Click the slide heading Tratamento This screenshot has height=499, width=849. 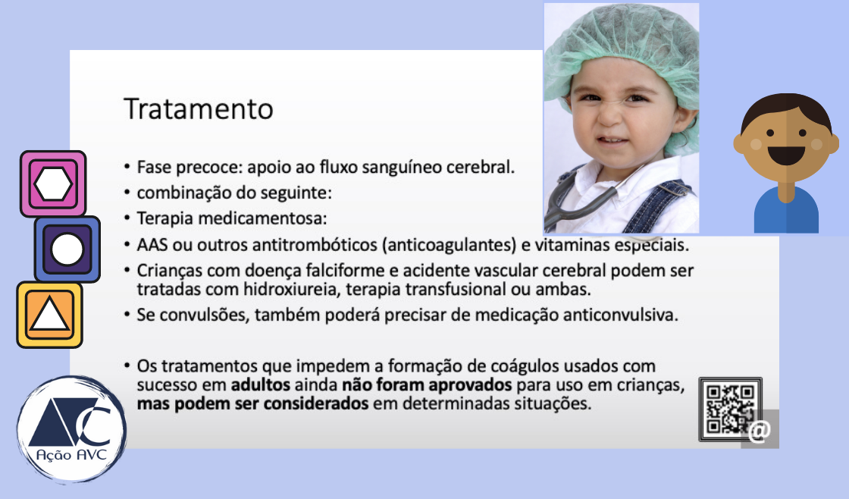(198, 109)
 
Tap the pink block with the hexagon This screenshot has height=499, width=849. (53, 184)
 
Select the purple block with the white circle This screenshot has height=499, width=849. (67, 249)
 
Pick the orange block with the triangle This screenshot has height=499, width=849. (49, 315)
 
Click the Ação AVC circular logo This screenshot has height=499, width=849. (72, 430)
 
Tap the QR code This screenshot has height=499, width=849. (731, 409)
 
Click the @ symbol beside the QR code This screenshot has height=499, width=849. (760, 431)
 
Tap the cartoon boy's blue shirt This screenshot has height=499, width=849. (786, 212)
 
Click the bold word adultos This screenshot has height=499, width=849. (261, 385)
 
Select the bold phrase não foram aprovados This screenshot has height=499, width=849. (427, 385)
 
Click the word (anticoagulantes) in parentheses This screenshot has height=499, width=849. (449, 246)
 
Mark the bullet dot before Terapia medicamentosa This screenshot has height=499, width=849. (127, 218)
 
